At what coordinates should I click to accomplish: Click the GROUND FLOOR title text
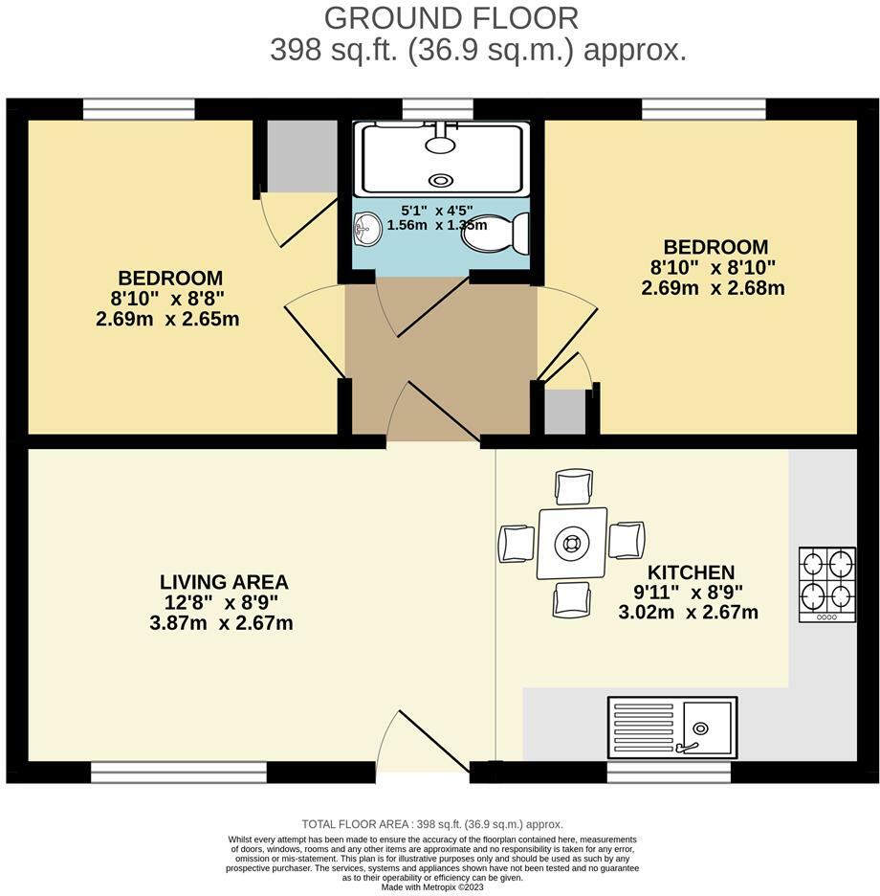451,17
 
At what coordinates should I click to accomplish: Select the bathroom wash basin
367,228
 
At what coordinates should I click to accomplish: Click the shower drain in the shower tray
441,180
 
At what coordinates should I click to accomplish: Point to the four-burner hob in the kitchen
826,584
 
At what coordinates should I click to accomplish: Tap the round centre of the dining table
571,544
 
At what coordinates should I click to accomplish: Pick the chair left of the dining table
516,544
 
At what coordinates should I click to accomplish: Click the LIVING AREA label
224,582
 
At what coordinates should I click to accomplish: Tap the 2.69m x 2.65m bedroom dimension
167,319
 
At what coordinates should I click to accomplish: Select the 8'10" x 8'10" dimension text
713,267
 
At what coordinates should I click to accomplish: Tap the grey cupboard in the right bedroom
564,412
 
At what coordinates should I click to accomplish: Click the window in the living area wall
179,768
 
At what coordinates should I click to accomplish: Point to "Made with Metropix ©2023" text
433,886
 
